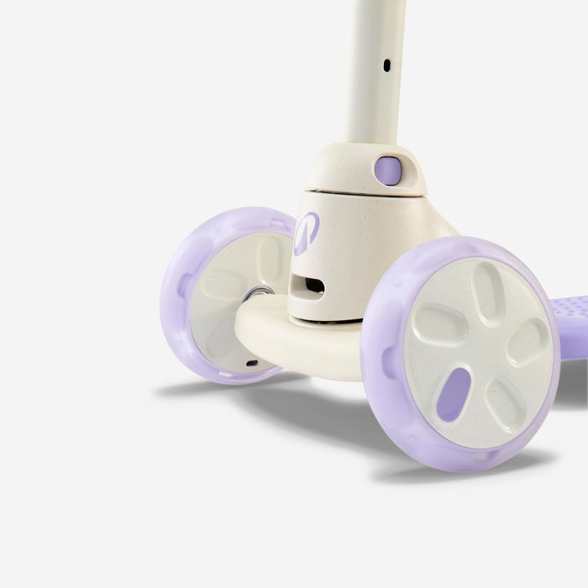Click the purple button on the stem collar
(x=387, y=171)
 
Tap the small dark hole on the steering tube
(x=386, y=64)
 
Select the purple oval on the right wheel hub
(x=454, y=394)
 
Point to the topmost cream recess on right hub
(x=488, y=290)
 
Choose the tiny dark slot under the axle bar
(x=252, y=364)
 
